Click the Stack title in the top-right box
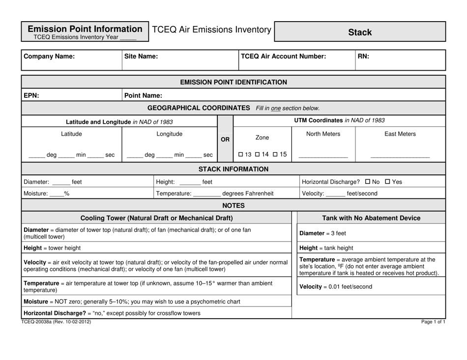[360, 32]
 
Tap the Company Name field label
[50, 56]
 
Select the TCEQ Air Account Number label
[283, 56]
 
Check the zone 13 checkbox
[241, 155]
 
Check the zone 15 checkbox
[277, 155]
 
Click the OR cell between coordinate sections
[225, 140]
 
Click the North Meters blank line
[323, 156]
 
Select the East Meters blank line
[400, 156]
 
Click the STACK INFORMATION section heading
[233, 169]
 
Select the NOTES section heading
[233, 205]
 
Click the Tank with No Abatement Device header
[372, 218]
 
